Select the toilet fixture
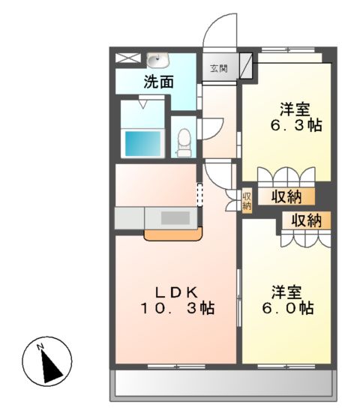[x=183, y=142]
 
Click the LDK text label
[x=178, y=291]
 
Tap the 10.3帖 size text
[x=177, y=308]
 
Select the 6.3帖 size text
[x=296, y=125]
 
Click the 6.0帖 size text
[x=288, y=308]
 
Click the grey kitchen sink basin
[x=176, y=218]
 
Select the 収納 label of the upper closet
[x=288, y=197]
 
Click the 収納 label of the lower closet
[x=306, y=220]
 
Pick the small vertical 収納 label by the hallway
[x=247, y=200]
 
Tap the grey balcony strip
[x=225, y=385]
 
